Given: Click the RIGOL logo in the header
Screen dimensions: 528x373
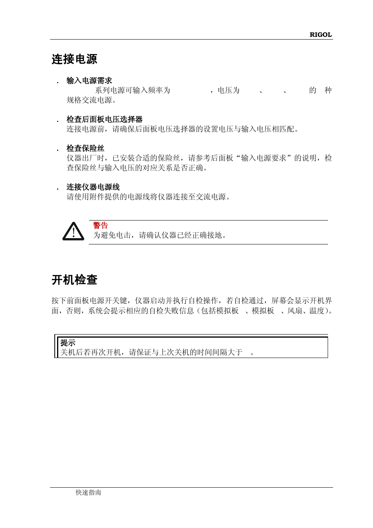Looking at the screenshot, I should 321,34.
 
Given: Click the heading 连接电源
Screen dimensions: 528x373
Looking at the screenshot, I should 74,59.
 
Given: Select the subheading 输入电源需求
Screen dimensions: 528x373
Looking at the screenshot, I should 89,81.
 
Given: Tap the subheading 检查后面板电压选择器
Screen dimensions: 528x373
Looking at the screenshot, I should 104,119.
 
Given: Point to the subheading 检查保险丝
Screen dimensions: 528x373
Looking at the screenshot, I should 85,148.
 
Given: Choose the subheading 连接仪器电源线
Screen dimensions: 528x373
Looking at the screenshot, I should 93,187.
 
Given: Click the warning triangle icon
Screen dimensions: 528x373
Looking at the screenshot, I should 73,231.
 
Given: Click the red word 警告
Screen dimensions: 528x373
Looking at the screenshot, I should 100,225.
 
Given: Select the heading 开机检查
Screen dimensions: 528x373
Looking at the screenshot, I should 74,280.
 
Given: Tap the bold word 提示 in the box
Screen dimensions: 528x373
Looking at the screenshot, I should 68,343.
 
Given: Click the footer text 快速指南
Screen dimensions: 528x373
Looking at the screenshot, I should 88,492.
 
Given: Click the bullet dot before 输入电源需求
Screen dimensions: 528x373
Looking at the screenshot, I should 57,83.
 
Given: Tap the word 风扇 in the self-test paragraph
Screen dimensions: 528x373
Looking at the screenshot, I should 294,311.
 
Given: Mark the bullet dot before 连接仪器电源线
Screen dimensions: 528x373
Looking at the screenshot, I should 57,189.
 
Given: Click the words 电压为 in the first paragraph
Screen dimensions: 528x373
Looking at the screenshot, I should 228,90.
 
